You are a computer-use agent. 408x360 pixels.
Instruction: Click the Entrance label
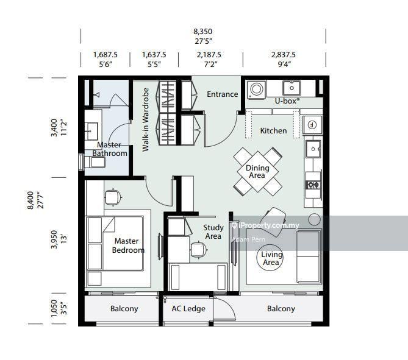222,94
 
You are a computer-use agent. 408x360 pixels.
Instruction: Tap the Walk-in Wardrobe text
146,119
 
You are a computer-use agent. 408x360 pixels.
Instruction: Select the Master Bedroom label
127,245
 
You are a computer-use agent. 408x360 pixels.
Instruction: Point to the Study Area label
213,232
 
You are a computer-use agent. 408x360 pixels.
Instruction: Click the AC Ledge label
188,309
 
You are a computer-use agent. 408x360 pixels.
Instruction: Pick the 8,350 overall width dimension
202,32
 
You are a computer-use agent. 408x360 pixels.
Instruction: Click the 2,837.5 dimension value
284,55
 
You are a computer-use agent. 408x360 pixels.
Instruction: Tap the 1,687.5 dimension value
106,55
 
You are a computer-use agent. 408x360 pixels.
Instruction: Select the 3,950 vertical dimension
54,239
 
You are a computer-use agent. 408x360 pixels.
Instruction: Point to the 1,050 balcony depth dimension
54,308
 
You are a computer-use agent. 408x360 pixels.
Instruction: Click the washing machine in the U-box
256,90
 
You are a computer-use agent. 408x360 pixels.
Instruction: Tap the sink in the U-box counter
292,88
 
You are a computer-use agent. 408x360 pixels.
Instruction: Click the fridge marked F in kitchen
312,125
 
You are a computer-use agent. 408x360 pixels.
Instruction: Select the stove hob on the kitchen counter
313,185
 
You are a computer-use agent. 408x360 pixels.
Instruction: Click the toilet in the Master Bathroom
95,162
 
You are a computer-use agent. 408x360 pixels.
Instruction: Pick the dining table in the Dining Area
257,172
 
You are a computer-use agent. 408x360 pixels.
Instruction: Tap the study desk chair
199,249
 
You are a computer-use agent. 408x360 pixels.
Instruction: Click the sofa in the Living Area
309,256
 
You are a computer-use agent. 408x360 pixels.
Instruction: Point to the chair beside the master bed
113,197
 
